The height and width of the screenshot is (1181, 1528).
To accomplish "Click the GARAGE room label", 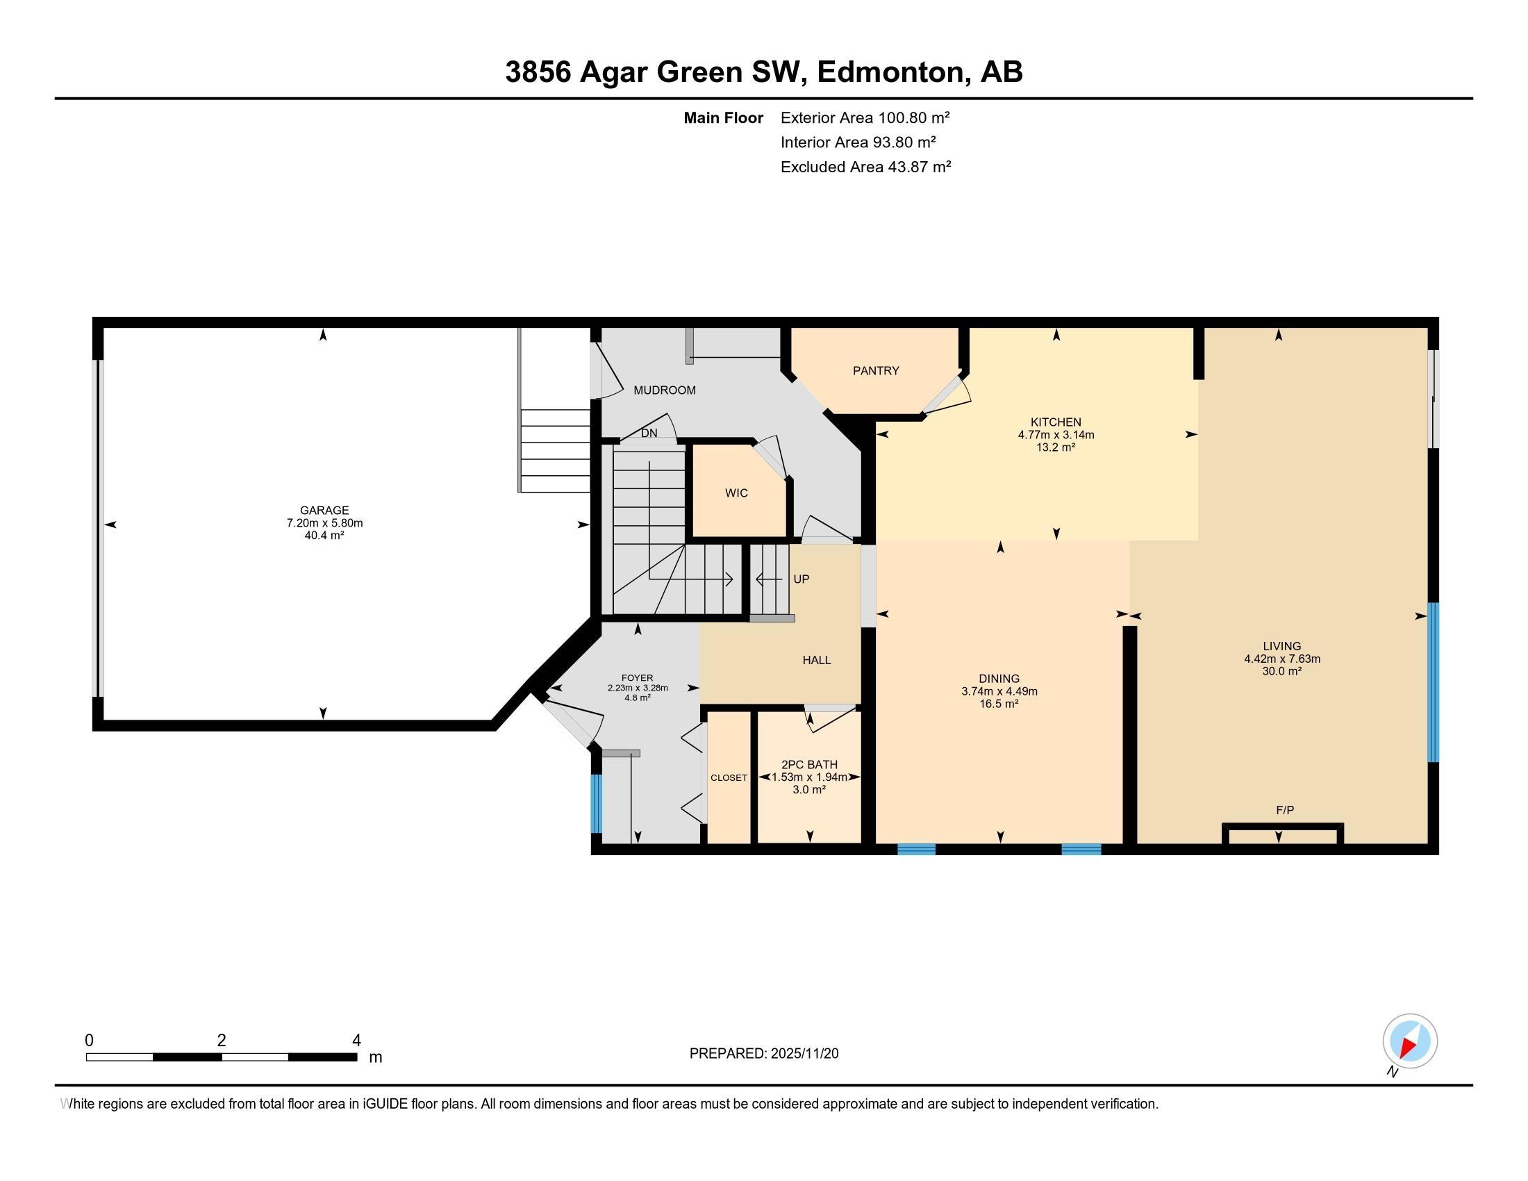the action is pyautogui.click(x=324, y=511).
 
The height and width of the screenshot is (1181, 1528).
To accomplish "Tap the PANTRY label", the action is pyautogui.click(x=875, y=371).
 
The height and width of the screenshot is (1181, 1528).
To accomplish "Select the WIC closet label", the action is pyautogui.click(x=736, y=493).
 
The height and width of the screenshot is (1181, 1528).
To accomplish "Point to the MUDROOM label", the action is pyautogui.click(x=665, y=390).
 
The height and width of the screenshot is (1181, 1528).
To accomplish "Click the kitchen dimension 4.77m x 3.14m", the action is pyautogui.click(x=1056, y=434).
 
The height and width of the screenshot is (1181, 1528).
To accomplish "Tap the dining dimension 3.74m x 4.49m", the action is pyautogui.click(x=999, y=691).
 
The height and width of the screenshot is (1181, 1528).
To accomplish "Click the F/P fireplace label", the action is pyautogui.click(x=1285, y=810).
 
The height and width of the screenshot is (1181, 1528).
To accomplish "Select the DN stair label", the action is pyautogui.click(x=649, y=433).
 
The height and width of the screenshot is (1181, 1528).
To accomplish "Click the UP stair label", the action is pyautogui.click(x=801, y=579).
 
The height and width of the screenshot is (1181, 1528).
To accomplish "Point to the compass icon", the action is pyautogui.click(x=1410, y=1041).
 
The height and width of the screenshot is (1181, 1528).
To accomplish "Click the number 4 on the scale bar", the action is pyautogui.click(x=356, y=1041).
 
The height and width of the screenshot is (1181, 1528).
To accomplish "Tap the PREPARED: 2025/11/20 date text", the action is pyautogui.click(x=764, y=1054).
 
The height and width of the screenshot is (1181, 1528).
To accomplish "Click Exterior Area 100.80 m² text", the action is pyautogui.click(x=865, y=117).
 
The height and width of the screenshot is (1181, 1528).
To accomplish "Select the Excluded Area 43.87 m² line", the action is pyautogui.click(x=865, y=167).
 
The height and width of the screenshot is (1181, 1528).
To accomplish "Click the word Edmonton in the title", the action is pyautogui.click(x=889, y=72).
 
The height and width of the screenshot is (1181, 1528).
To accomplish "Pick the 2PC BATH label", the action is pyautogui.click(x=809, y=765).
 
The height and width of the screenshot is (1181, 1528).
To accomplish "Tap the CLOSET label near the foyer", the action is pyautogui.click(x=729, y=778).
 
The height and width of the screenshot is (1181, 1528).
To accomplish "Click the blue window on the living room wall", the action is pyautogui.click(x=1432, y=682).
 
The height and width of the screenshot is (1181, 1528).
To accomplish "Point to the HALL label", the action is pyautogui.click(x=817, y=661).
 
